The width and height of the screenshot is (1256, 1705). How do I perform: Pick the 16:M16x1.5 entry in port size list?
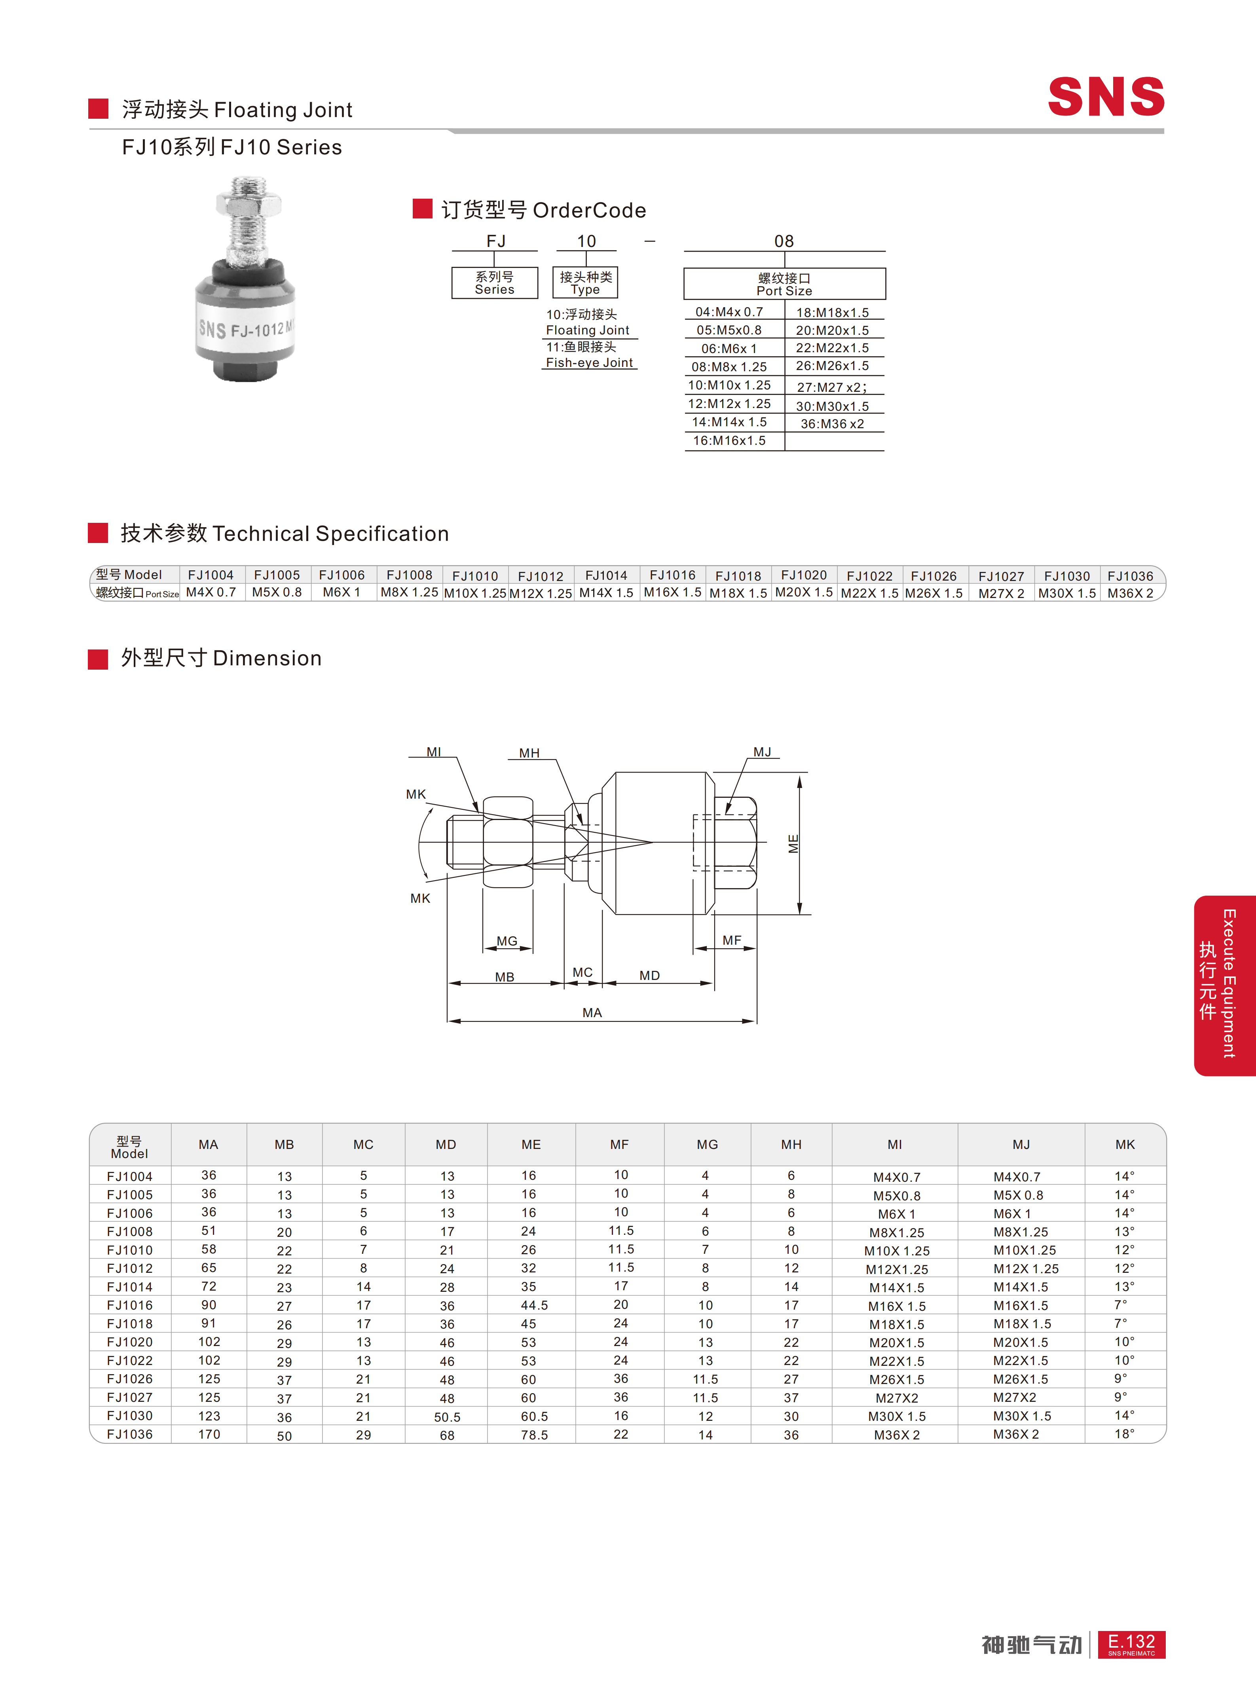(x=729, y=441)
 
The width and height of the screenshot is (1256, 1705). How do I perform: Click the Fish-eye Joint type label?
(x=589, y=363)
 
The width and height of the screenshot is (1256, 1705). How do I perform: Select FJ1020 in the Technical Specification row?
(x=804, y=575)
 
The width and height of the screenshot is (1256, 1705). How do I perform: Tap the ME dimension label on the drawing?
(x=793, y=843)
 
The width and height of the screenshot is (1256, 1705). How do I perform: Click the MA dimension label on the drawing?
(x=592, y=1012)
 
